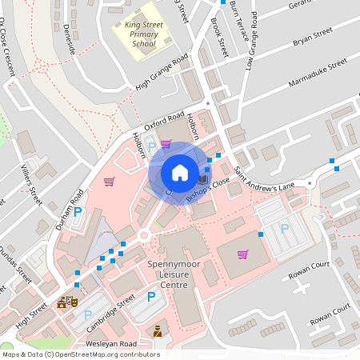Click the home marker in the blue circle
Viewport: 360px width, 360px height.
(x=180, y=173)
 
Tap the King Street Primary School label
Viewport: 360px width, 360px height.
(x=143, y=35)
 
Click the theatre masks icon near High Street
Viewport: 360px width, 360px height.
(x=66, y=302)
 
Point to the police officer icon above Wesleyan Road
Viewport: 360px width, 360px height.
(x=158, y=330)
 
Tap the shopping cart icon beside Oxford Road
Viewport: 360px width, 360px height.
(x=166, y=144)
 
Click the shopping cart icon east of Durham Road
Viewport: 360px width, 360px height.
(x=109, y=181)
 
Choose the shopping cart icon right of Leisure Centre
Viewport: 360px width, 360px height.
(x=242, y=254)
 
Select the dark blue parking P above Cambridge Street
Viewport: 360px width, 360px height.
(x=151, y=297)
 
